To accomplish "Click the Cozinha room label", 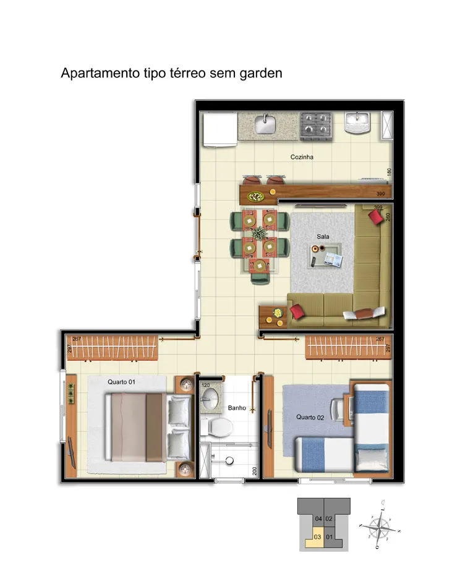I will coord(302,157).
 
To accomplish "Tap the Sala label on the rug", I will coord(322,236).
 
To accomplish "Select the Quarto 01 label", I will coord(121,382).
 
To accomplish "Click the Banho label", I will coord(237,408).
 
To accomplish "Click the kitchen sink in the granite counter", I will coord(266,124).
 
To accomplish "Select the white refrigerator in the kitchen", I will coord(219,130).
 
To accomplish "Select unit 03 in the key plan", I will coord(317,536).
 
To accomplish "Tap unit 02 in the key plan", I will coord(329,518).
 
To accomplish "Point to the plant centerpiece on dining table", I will coord(258,234).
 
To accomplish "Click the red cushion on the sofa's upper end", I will coord(375,216).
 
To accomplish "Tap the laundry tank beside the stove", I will coord(357,124).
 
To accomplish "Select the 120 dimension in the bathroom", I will coord(206,385).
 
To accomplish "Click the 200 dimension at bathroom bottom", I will coord(254,471).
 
